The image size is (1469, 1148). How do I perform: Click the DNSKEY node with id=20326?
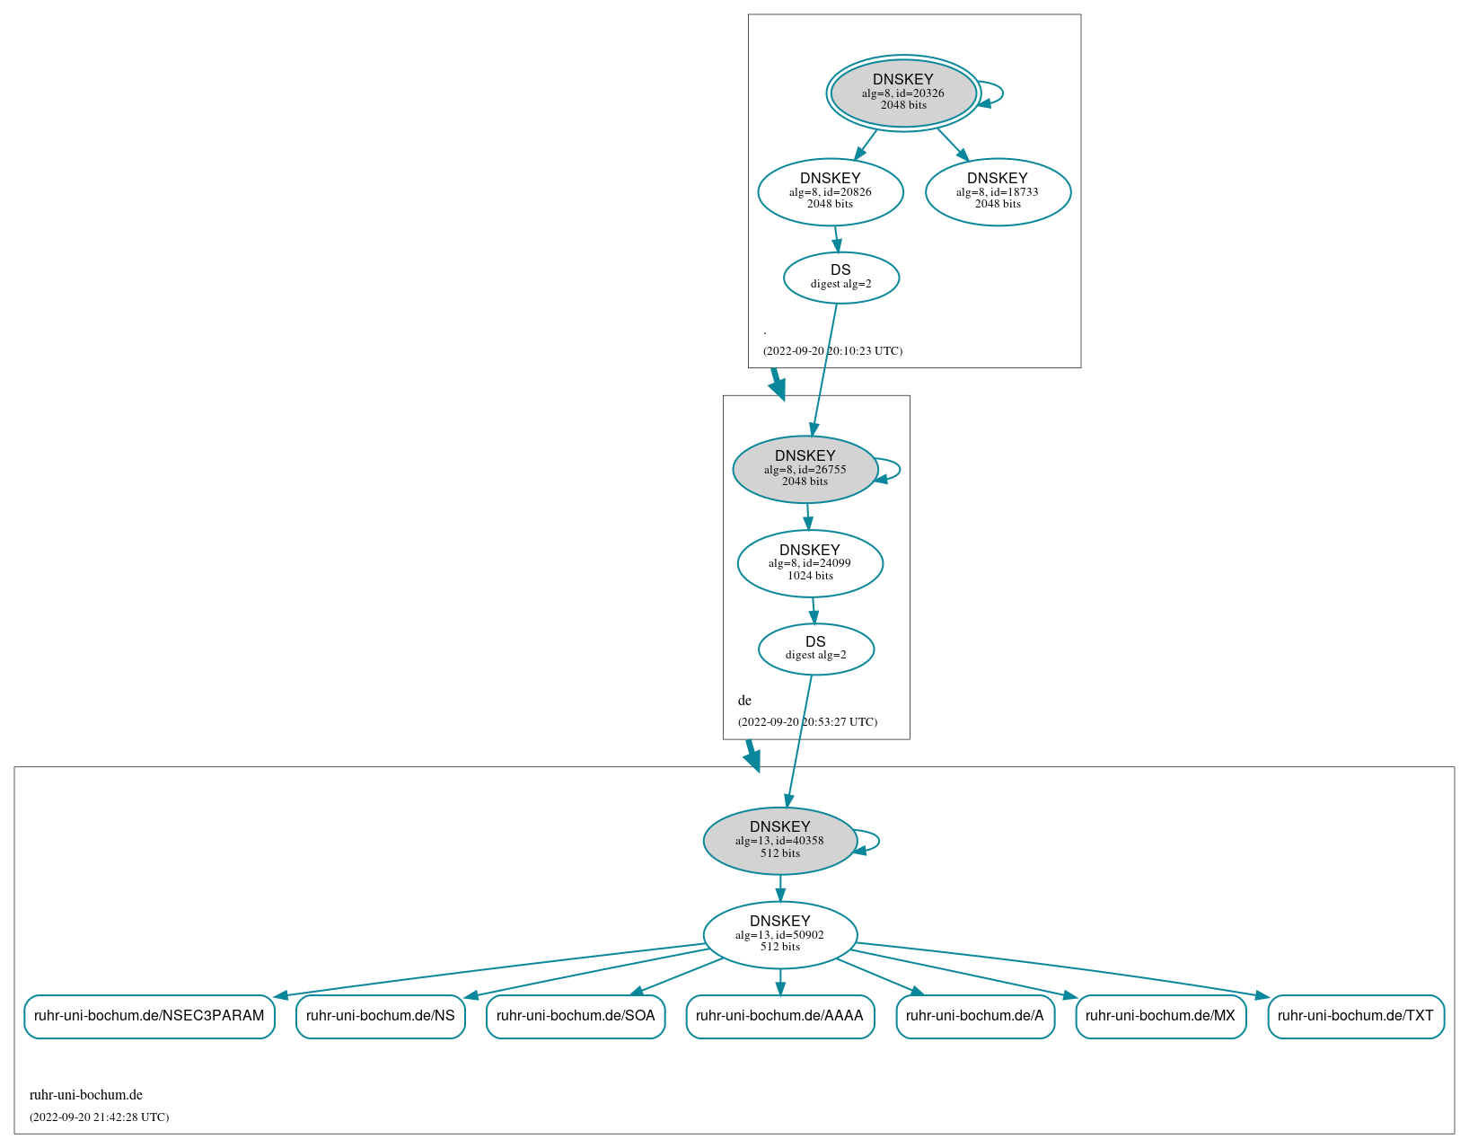click(903, 93)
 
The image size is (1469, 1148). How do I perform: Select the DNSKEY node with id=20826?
click(831, 191)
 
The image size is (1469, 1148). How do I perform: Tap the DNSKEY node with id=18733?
click(998, 191)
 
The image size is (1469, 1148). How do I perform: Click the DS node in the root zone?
click(841, 277)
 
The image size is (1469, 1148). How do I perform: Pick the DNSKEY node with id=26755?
click(805, 469)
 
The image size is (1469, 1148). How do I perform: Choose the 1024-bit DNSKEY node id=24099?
click(810, 563)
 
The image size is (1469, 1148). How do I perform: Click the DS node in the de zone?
click(816, 649)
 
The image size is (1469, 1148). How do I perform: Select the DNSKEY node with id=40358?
click(780, 841)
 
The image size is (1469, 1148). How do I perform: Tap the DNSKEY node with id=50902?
click(780, 934)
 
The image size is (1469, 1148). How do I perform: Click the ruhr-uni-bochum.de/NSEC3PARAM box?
click(149, 1016)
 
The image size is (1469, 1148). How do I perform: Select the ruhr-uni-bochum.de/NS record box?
click(381, 1016)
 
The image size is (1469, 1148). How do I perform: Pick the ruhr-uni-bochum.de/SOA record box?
click(576, 1016)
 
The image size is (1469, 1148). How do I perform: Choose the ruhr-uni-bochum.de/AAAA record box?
click(779, 1016)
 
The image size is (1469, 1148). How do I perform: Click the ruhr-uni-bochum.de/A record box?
click(975, 1016)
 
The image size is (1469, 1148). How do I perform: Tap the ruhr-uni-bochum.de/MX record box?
click(1160, 1016)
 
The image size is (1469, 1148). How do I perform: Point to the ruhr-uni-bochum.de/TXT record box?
click(1356, 1016)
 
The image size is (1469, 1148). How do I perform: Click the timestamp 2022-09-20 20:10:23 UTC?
click(832, 351)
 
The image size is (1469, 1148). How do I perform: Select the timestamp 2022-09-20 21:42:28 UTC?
click(99, 1117)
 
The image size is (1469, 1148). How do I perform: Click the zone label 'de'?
click(744, 701)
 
